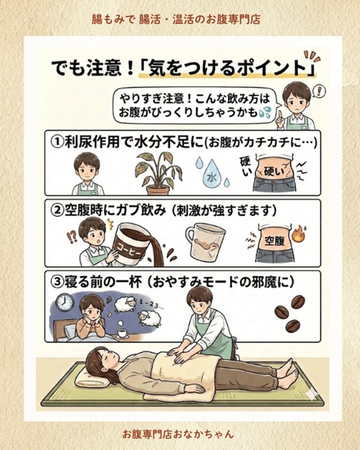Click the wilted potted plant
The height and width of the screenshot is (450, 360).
tap(158, 173)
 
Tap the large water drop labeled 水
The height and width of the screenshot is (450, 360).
tap(212, 175)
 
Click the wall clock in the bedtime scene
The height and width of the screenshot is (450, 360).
tap(65, 302)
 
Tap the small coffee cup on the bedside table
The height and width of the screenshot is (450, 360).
tap(122, 333)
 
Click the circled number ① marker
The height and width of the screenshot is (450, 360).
tap(57, 142)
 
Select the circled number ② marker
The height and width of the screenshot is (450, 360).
tap(57, 211)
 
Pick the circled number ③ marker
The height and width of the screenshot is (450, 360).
tap(57, 282)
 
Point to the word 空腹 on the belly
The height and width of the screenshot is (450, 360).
tap(274, 240)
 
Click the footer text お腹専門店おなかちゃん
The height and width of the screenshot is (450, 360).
tap(178, 434)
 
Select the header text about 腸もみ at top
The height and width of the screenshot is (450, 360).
tap(176, 20)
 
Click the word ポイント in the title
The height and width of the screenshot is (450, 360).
tap(268, 69)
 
